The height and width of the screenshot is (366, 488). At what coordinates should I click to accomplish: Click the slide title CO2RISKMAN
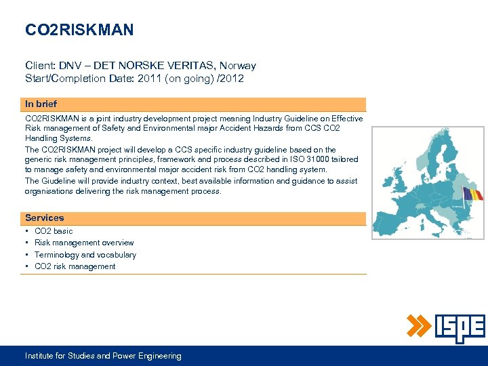(79, 30)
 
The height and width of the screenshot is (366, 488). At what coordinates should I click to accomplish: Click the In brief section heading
(41, 104)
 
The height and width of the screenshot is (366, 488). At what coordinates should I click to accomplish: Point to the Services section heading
(44, 218)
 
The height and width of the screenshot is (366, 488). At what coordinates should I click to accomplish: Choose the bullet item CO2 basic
(54, 231)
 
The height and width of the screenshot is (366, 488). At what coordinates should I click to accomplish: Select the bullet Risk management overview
(84, 243)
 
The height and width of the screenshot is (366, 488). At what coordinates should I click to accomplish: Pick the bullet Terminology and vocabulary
(85, 255)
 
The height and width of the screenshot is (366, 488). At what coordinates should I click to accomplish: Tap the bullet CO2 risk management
(75, 266)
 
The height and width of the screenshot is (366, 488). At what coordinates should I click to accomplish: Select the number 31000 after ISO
(307, 159)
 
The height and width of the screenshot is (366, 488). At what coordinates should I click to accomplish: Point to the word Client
(40, 66)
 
